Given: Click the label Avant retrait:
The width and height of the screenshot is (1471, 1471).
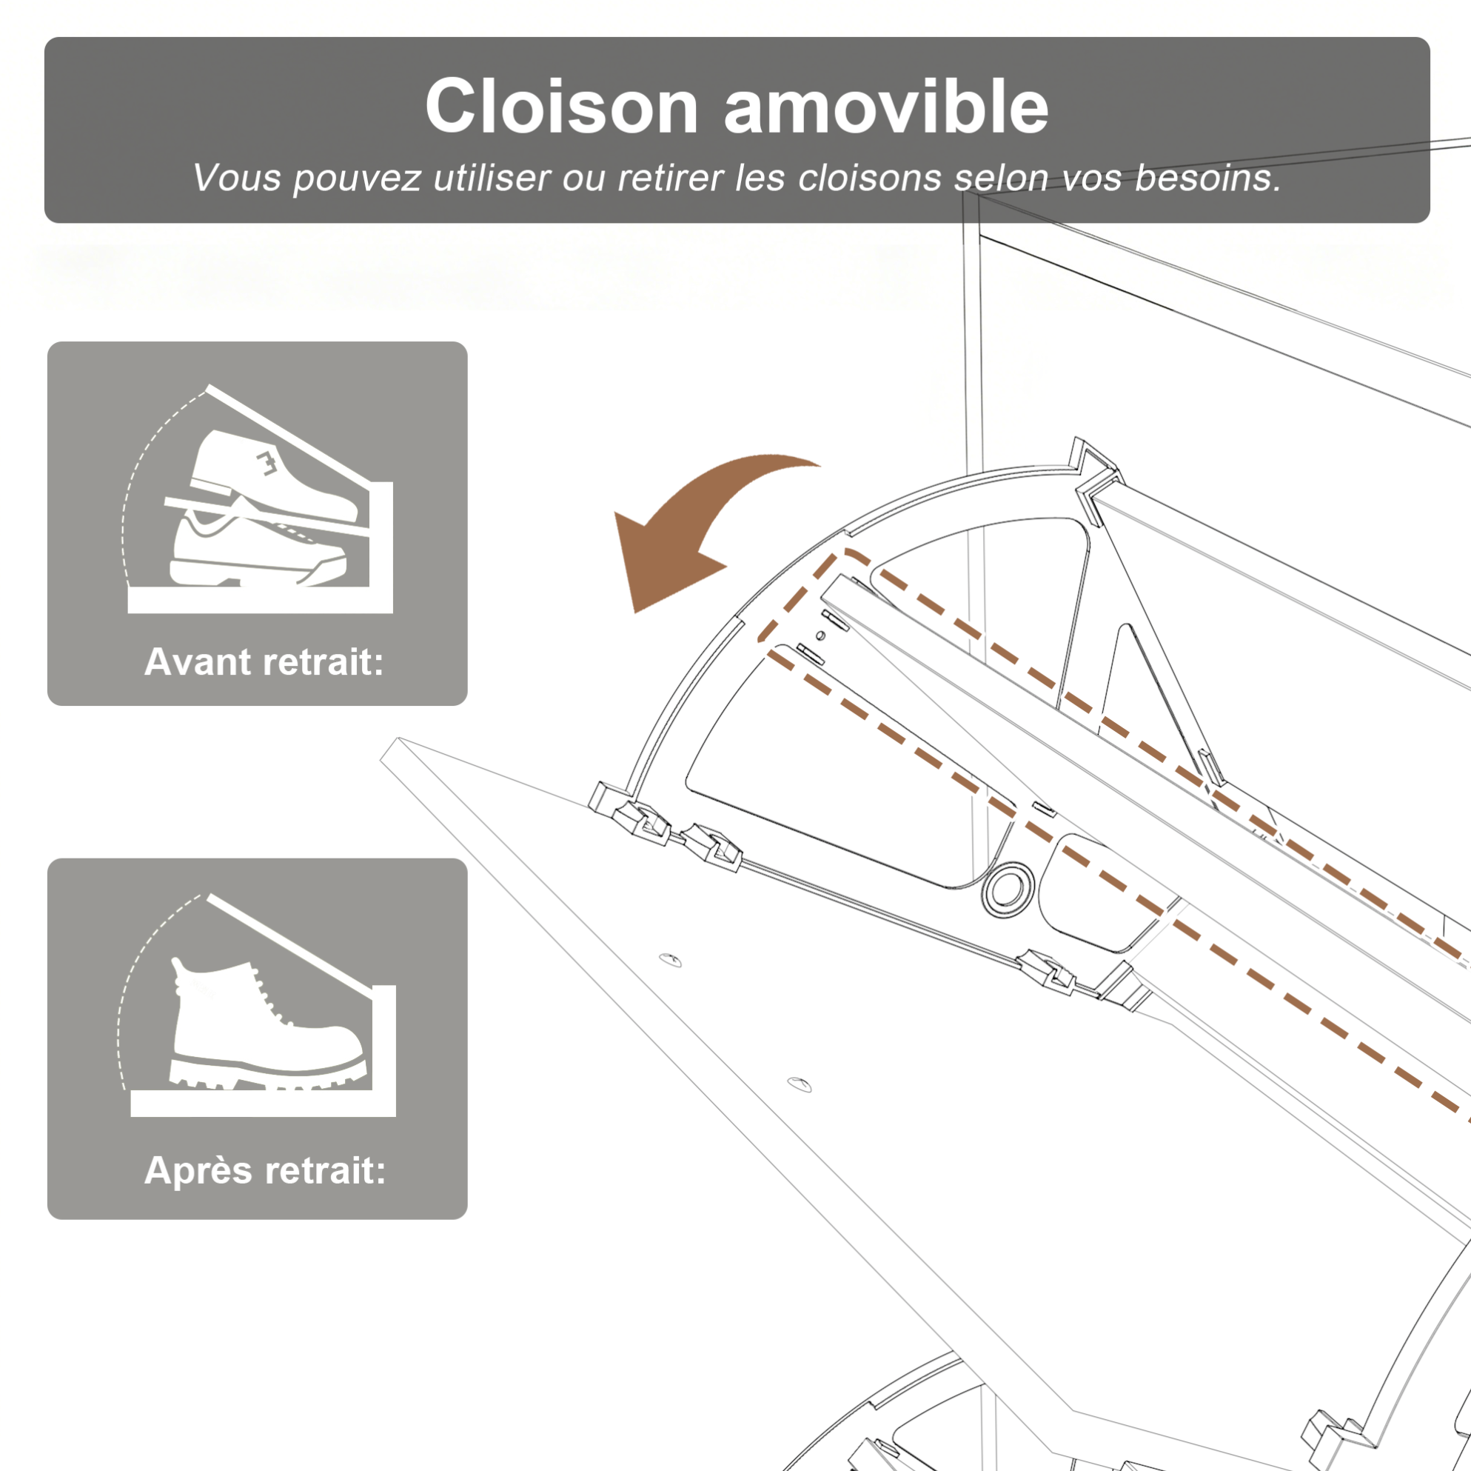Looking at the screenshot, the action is click(264, 661).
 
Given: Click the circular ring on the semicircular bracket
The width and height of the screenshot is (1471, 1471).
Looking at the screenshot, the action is click(1008, 888).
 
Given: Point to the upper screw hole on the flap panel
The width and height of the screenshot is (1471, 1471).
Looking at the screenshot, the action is click(670, 960).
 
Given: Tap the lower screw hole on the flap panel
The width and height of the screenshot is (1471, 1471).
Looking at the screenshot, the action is click(799, 1085).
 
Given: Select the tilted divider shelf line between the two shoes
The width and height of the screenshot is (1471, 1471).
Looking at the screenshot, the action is click(267, 518).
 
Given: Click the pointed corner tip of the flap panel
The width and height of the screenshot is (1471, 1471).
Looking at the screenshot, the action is click(398, 738).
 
